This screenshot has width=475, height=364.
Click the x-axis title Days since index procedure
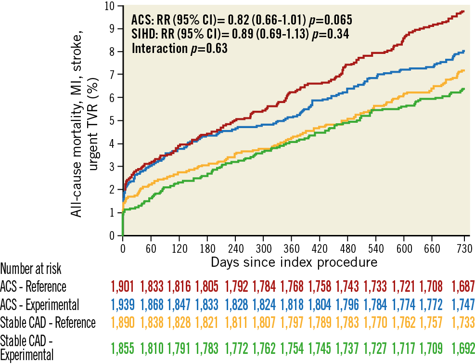[x=294, y=263]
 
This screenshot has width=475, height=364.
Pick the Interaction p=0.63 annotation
[x=179, y=48]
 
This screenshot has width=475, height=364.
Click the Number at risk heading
[x=31, y=269]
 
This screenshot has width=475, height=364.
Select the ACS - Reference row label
[x=33, y=286]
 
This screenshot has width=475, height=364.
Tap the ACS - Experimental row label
[x=39, y=304]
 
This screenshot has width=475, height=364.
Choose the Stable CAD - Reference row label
[x=48, y=322]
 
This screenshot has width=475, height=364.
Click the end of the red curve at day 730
[x=463, y=11]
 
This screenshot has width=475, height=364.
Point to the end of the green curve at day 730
[x=463, y=89]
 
